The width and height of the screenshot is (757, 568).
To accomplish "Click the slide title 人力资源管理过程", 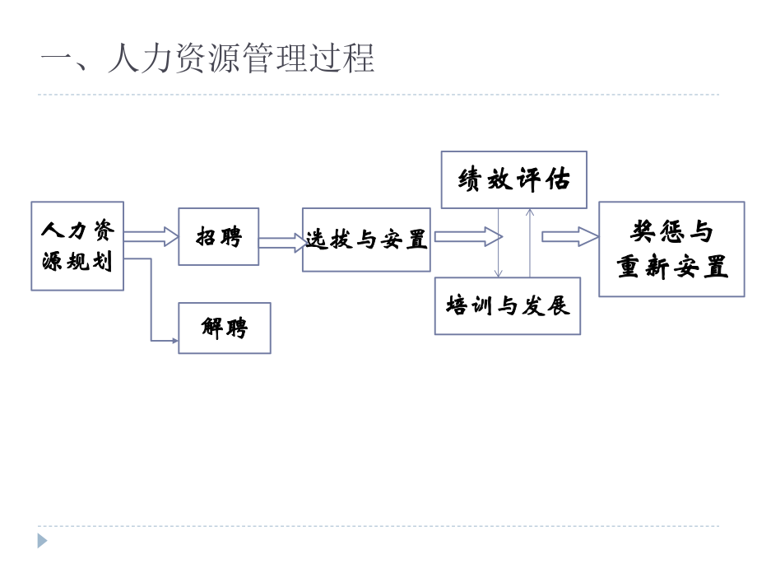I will [x=207, y=59].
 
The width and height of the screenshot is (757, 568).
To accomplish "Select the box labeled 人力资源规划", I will [x=77, y=246].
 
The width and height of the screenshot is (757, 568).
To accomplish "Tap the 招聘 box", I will [x=218, y=236].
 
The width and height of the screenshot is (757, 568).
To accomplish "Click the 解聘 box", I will [x=224, y=328].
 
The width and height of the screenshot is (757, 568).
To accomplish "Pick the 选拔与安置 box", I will [x=366, y=240].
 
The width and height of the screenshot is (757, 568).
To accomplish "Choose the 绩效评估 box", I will [x=513, y=179].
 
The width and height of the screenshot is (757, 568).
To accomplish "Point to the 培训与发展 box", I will [x=507, y=305].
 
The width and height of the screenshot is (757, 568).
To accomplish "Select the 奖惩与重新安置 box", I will [x=671, y=249].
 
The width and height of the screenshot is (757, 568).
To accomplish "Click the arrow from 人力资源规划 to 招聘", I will [x=151, y=237].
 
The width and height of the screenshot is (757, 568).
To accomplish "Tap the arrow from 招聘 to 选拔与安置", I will [x=282, y=243].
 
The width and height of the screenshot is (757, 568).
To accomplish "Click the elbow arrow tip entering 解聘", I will [x=174, y=340].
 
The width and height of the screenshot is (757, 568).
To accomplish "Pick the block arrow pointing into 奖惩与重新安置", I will [x=570, y=237].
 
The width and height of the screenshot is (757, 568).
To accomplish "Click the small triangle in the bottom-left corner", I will [x=42, y=541].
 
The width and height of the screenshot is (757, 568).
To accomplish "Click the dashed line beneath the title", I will [x=378, y=95].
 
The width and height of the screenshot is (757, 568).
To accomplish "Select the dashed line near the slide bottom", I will [x=378, y=526].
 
